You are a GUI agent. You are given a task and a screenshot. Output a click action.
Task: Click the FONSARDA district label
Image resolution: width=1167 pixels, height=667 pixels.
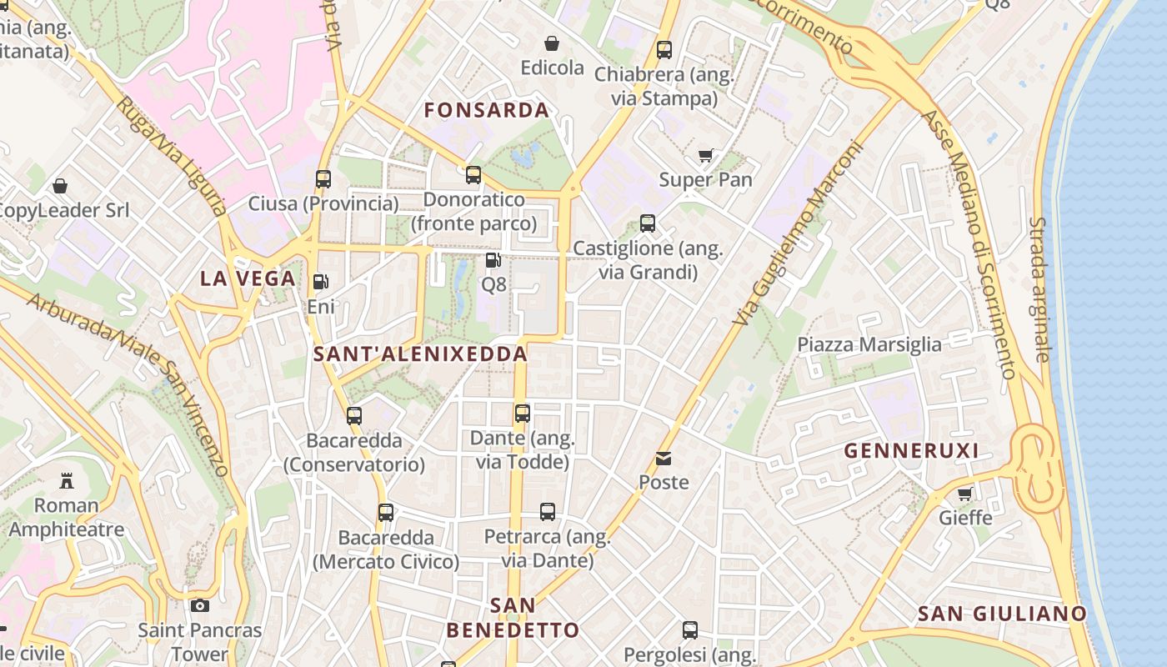pos(487,110)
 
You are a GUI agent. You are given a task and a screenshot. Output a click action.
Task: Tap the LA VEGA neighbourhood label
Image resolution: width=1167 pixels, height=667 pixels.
pos(248,278)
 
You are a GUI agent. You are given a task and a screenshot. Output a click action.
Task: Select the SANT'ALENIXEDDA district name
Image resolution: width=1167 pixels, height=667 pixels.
pos(420,354)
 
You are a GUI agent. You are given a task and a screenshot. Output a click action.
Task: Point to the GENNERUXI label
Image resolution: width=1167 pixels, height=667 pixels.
pos(911,451)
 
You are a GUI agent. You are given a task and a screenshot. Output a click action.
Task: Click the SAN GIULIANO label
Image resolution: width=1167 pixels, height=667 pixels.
pos(1002,614)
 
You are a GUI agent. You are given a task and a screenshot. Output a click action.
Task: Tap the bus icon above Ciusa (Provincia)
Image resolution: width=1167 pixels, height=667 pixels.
pos(323,178)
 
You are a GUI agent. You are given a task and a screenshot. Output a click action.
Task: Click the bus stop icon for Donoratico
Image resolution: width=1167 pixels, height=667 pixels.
pos(473,174)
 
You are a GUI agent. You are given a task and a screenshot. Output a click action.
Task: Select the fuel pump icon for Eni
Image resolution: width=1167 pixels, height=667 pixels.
pos(321,282)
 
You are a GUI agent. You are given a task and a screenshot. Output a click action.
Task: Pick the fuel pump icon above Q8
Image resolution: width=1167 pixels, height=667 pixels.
pos(493,260)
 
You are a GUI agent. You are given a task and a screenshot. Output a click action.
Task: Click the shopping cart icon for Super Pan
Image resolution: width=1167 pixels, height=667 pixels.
pos(706,155)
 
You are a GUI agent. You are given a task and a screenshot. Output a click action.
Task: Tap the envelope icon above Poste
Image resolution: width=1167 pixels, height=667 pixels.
pos(664,458)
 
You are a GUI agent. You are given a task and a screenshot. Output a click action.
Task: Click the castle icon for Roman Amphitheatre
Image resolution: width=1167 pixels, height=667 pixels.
pos(66,480)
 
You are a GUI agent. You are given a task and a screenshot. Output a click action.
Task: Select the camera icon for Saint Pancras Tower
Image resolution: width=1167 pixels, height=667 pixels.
pos(200,605)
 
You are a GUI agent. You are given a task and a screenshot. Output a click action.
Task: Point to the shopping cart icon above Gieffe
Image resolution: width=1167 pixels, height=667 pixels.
pos(965,494)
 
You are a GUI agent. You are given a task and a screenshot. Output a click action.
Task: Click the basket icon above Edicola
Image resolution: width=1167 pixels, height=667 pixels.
pos(552,43)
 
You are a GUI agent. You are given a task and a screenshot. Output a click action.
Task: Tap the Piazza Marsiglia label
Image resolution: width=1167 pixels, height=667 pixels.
pos(869,344)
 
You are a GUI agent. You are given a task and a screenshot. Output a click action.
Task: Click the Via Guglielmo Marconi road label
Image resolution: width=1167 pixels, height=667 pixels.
pos(799,233)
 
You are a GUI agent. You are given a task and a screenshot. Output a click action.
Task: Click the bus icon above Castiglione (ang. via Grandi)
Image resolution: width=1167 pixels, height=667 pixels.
pos(648,223)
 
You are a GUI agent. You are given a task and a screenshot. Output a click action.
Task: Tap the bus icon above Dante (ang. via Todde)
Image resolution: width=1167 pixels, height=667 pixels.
pos(523,413)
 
